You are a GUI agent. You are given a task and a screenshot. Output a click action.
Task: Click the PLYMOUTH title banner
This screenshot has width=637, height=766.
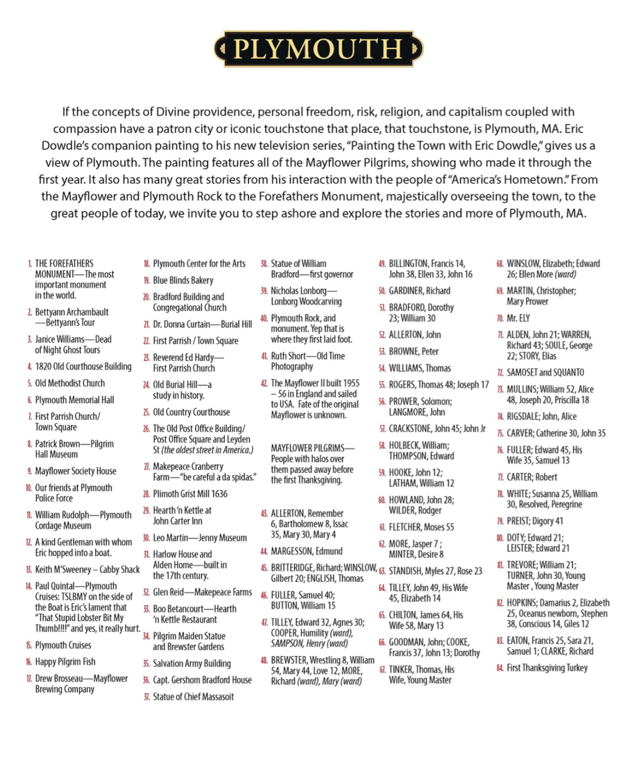318,49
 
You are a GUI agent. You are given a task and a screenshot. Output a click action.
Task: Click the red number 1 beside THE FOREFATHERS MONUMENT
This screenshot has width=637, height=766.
30,264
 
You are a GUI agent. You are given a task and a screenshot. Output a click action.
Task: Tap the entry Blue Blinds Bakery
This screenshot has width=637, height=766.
183,280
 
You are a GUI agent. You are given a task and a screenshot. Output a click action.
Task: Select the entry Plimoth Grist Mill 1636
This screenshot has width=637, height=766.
190,494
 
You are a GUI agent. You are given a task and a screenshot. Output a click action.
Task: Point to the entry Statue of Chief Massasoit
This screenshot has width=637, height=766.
193,696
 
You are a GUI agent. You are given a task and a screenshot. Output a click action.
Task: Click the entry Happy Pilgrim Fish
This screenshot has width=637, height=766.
65,662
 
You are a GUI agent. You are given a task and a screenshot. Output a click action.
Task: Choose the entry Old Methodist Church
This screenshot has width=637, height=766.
70,383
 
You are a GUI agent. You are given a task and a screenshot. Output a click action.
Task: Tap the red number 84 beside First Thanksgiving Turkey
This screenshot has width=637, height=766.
499,668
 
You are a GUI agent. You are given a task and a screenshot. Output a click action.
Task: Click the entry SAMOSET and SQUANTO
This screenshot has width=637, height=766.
545,373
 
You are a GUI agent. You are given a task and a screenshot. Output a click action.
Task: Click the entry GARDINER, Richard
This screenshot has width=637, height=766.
419,291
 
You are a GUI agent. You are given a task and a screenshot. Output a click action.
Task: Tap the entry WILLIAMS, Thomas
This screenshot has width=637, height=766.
420,368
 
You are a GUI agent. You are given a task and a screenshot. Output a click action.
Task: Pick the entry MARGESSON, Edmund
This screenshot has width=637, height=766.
307,551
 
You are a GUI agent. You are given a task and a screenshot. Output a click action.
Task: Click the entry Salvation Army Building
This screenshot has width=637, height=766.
191,663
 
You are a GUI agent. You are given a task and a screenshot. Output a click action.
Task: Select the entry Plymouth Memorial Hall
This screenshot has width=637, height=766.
74,400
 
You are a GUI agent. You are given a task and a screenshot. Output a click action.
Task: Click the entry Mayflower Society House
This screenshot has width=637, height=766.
76,471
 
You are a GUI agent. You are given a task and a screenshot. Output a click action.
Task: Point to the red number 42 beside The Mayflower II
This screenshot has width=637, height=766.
264,384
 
